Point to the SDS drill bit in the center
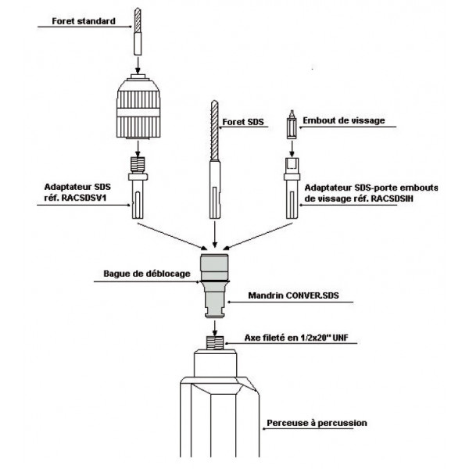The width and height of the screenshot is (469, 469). tap(215, 156)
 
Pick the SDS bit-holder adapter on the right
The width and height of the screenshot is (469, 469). tap(290, 188)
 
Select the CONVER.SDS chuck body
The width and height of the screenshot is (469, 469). tap(213, 285)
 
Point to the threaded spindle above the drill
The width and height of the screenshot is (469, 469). tap(213, 341)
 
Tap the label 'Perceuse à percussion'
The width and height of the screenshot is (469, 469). tap(316, 423)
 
